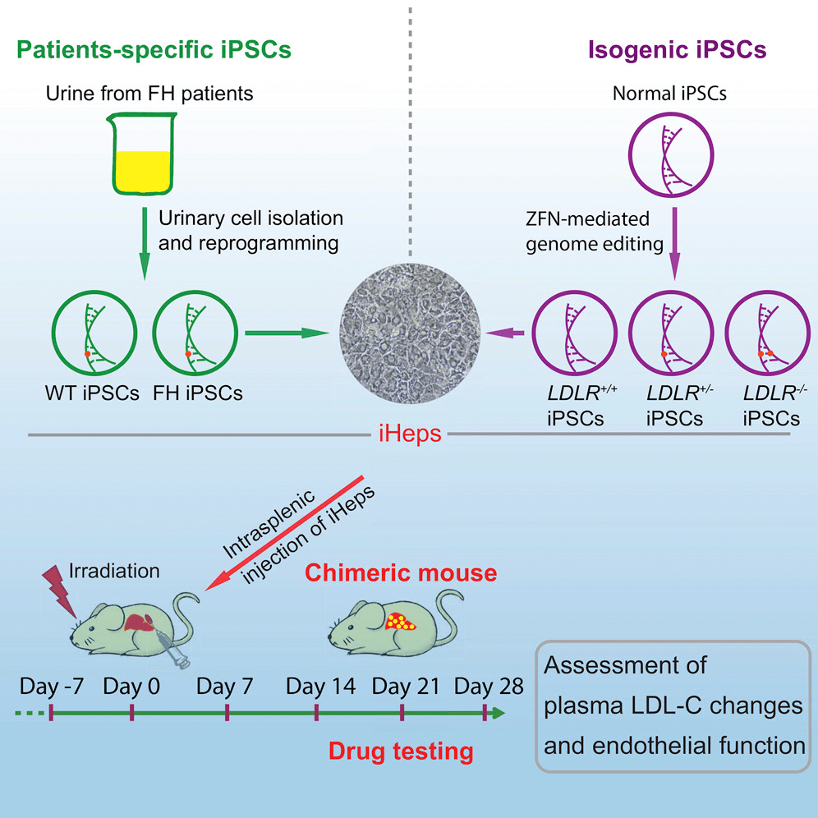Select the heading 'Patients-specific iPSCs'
[155, 49]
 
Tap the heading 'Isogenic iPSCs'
[678, 49]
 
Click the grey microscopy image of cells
[407, 332]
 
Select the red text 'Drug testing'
[400, 750]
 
